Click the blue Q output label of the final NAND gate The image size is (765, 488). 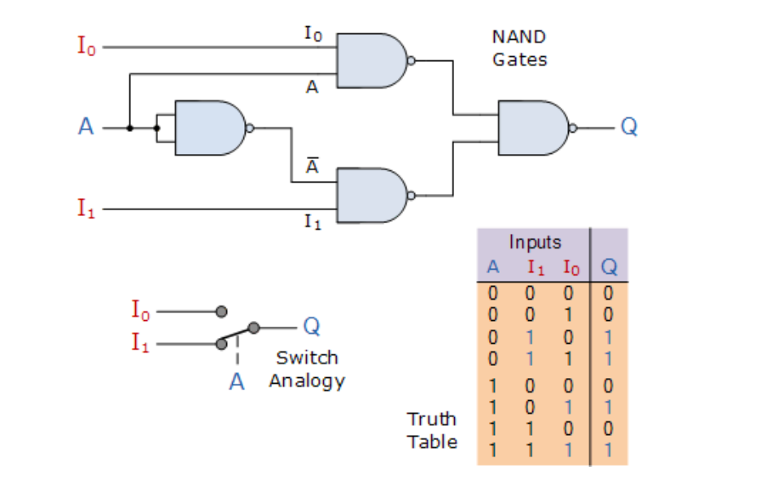point(628,128)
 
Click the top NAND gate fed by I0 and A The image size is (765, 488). point(371,60)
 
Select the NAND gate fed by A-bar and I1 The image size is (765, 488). point(371,196)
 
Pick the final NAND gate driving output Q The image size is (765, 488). point(532,128)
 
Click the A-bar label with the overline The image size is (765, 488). point(312,166)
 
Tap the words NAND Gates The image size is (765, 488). point(519,48)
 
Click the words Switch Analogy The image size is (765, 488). point(307,369)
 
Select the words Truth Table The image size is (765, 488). point(432,430)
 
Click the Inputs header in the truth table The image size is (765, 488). point(535,242)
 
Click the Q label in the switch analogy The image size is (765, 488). point(310,327)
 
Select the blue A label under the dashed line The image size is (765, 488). point(237,381)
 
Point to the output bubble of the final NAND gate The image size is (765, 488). point(574,128)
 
